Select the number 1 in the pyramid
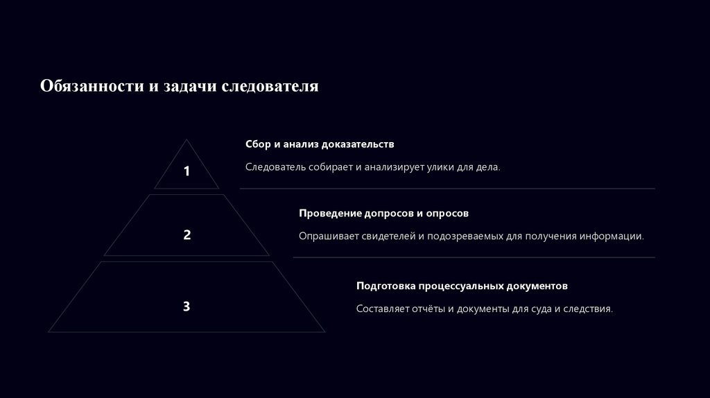pos(187,171)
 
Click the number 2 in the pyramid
pos(187,235)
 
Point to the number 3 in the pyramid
pos(187,306)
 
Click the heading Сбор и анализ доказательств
pos(320,144)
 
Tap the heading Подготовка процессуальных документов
pos(462,286)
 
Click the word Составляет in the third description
pos(383,309)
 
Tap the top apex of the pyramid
pos(187,141)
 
